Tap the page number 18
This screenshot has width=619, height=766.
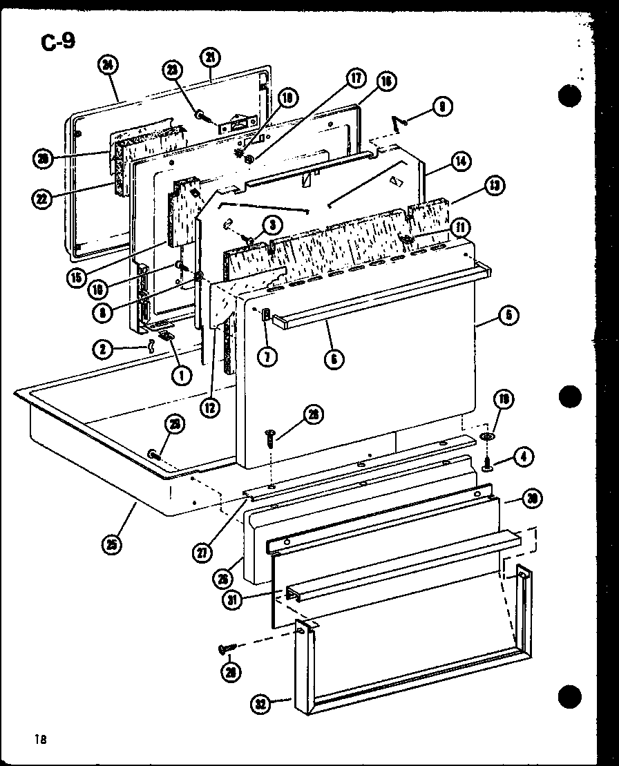point(39,739)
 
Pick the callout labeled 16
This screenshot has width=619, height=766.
point(385,81)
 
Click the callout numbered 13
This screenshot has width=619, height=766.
point(494,186)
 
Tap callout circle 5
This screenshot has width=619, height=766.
point(508,316)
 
